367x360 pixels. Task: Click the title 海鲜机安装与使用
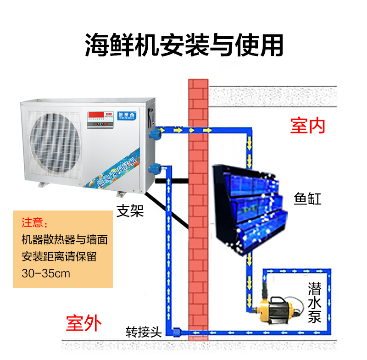click(183, 44)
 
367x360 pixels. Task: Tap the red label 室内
click(307, 125)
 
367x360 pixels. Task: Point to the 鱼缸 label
click(307, 199)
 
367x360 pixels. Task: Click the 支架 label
click(130, 211)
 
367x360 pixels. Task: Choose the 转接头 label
click(144, 332)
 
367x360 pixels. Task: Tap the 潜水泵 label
click(314, 303)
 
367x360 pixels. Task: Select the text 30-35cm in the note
click(45, 273)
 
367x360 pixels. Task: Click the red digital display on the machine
click(94, 114)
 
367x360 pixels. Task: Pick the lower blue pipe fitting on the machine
click(157, 169)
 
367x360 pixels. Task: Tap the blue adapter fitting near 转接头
click(177, 331)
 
